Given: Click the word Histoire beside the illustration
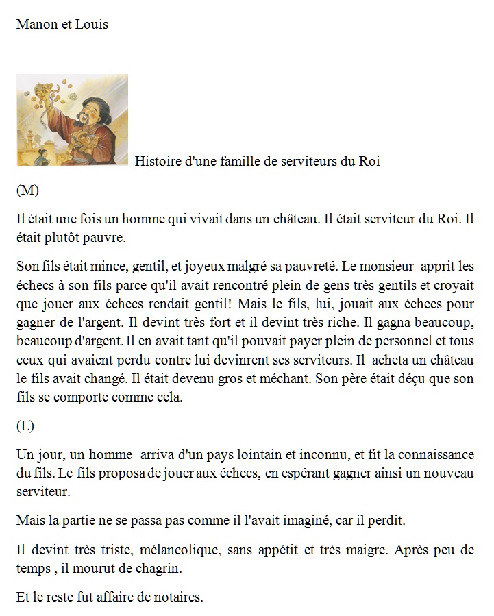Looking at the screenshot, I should point(158,162).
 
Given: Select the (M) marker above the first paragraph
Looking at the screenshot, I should point(27,190).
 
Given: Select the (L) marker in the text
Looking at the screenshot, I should point(25,426).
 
